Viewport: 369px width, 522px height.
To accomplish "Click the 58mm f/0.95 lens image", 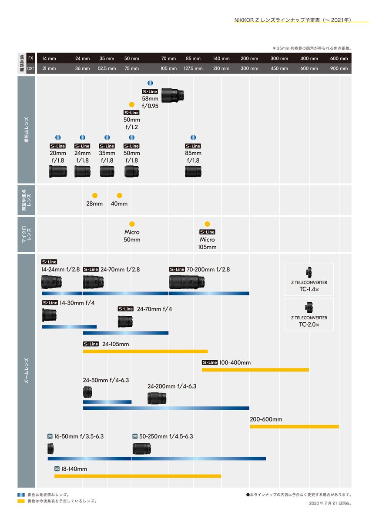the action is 172,95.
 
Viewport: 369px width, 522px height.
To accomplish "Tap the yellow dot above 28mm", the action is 94,195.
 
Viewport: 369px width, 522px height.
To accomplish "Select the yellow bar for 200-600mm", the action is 294,427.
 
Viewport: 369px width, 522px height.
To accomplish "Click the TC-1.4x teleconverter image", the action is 309,272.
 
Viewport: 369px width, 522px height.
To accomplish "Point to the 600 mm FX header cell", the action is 339,58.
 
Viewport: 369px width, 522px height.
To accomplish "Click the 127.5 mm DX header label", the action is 193,69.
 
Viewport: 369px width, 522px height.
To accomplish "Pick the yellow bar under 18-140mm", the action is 138,476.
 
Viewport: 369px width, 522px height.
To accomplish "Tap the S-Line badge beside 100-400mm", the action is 210,362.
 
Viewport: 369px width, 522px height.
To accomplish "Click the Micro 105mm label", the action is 207,243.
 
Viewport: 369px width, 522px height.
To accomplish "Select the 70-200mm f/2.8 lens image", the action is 187,282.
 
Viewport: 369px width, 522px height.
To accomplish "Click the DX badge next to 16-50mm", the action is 50,436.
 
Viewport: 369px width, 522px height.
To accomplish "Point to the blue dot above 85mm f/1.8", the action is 193,137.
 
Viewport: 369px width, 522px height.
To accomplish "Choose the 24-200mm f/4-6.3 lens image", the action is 157,398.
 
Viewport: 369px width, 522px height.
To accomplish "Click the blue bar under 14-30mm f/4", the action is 69,327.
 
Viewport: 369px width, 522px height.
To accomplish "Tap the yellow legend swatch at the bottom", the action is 21,501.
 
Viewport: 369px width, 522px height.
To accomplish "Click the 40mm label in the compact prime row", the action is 119,204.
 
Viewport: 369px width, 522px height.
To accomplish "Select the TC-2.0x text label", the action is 309,325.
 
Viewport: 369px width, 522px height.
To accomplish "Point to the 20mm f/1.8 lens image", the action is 58,171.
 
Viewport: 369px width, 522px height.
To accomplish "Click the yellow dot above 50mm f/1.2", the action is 132,105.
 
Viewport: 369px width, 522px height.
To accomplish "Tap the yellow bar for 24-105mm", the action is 145,351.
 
